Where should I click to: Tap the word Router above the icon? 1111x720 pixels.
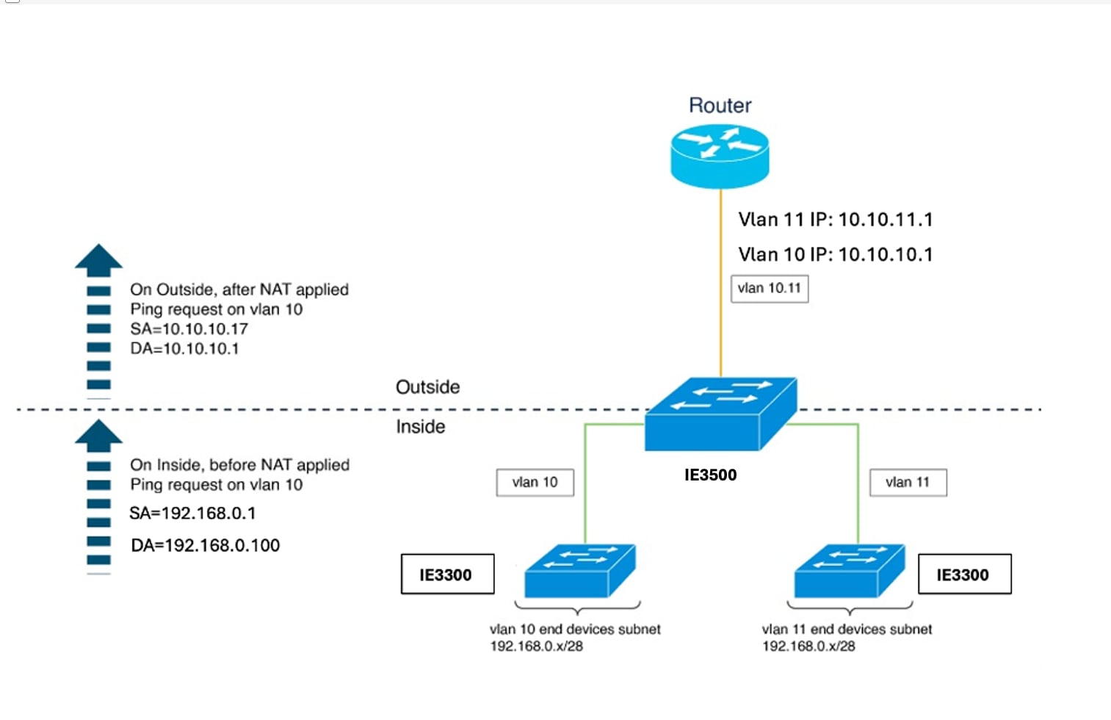(x=720, y=106)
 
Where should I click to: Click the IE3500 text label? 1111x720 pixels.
(x=710, y=475)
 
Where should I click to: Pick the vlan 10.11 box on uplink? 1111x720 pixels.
(x=770, y=288)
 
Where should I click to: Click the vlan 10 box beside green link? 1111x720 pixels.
(x=535, y=482)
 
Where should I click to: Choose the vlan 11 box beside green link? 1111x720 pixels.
(x=908, y=482)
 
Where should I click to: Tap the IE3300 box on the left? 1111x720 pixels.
(x=447, y=575)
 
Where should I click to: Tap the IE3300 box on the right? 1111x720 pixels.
(x=964, y=575)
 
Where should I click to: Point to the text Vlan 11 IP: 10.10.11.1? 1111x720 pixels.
(x=835, y=220)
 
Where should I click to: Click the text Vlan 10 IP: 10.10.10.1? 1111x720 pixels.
(x=835, y=255)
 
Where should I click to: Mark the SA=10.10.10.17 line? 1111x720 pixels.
(x=189, y=329)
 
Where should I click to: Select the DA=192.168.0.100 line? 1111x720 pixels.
(x=205, y=545)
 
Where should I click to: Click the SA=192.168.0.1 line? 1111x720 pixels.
(x=192, y=513)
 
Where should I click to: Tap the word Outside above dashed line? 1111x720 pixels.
(x=427, y=387)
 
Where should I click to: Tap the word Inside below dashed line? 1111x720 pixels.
(x=420, y=427)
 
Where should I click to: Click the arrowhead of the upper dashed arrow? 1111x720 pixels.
(x=98, y=260)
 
